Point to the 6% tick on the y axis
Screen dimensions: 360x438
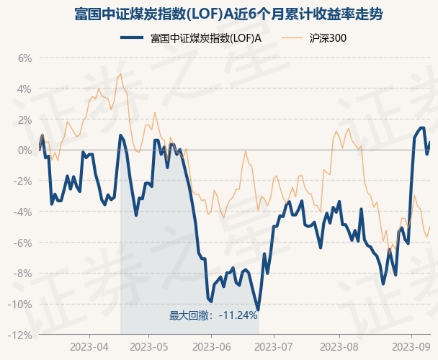(x=24, y=58)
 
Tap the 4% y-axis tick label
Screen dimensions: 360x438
(x=24, y=89)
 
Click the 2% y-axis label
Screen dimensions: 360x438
(x=24, y=120)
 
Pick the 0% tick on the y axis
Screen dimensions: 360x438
(x=24, y=150)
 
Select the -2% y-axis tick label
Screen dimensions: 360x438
(x=23, y=181)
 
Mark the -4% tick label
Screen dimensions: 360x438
(x=23, y=212)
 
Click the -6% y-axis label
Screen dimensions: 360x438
(x=23, y=243)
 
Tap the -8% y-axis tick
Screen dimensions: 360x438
(x=23, y=273)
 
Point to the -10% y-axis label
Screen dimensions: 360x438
(x=21, y=304)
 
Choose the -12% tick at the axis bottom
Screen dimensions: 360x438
(x=21, y=335)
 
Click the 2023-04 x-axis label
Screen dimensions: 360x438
(x=89, y=346)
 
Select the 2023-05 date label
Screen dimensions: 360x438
(x=148, y=346)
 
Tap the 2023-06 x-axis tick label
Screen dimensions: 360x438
(x=210, y=346)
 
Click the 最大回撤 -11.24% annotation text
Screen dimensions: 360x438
(x=213, y=315)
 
